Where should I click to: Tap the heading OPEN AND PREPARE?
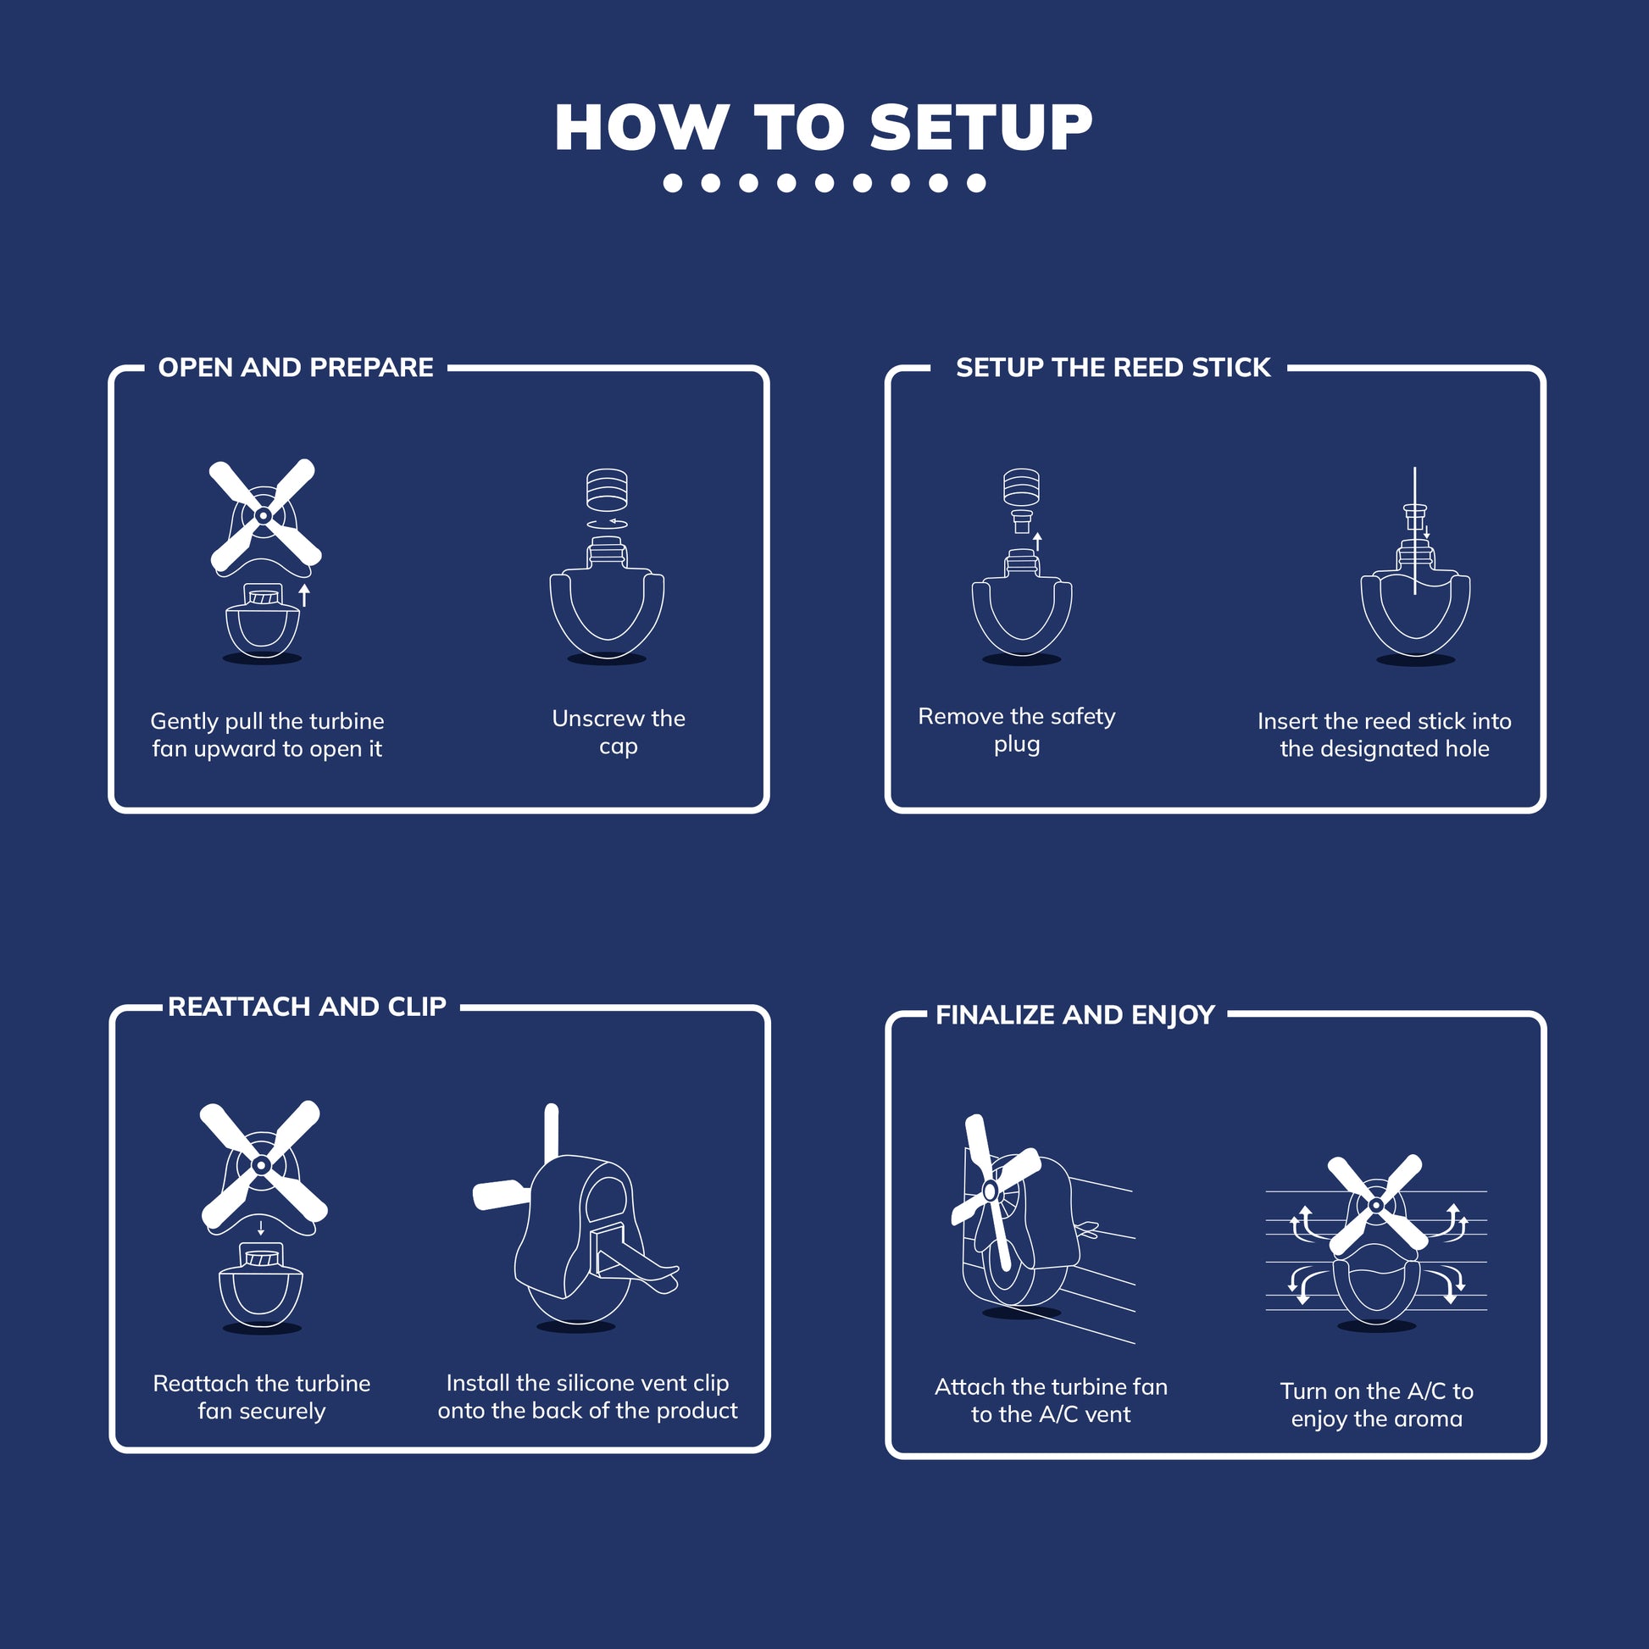[296, 368]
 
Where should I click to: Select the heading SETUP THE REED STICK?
[1112, 368]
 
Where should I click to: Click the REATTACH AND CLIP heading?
[307, 1008]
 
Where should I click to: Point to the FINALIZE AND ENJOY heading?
[1074, 1015]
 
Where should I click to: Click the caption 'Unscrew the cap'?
[618, 732]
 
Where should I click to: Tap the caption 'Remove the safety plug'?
[1016, 730]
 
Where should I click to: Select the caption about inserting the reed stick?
[1384, 735]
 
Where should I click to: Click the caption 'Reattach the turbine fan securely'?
[261, 1397]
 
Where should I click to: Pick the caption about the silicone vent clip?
[587, 1397]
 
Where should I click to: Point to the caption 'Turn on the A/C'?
[1376, 1405]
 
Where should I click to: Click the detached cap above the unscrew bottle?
[607, 488]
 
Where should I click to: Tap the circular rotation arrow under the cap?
[607, 523]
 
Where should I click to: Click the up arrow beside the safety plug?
[1037, 541]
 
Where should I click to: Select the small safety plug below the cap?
[1021, 520]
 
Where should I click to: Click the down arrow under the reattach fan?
[261, 1228]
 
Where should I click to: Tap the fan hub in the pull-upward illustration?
[264, 515]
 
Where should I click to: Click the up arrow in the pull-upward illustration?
[304, 594]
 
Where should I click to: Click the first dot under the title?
[673, 183]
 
